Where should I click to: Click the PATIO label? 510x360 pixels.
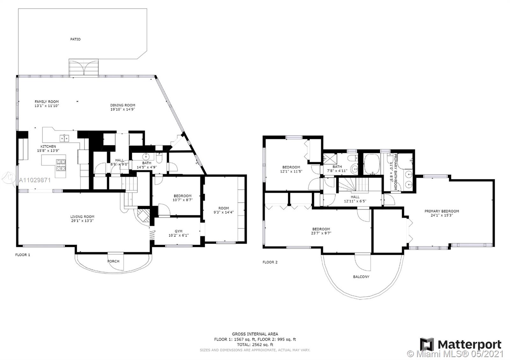pyautogui.click(x=75, y=40)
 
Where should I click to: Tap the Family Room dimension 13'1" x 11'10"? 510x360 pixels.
pyautogui.click(x=47, y=106)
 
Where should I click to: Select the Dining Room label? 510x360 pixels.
pyautogui.click(x=123, y=105)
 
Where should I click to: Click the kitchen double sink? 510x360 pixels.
pyautogui.click(x=64, y=138)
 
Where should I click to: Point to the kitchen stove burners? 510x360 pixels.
pyautogui.click(x=61, y=165)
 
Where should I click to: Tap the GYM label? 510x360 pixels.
pyautogui.click(x=178, y=231)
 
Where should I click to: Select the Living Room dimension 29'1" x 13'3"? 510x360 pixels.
pyautogui.click(x=82, y=221)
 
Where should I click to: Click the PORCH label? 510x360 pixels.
pyautogui.click(x=113, y=261)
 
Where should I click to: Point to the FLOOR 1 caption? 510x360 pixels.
pyautogui.click(x=23, y=255)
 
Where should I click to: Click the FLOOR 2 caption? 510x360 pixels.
pyautogui.click(x=270, y=262)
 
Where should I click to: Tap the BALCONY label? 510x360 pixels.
pyautogui.click(x=361, y=277)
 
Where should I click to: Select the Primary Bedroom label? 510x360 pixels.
pyautogui.click(x=442, y=211)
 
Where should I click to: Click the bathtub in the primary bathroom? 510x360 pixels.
pyautogui.click(x=372, y=164)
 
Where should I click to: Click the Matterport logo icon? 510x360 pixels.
pyautogui.click(x=427, y=344)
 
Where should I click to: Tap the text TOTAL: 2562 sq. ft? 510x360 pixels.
pyautogui.click(x=255, y=344)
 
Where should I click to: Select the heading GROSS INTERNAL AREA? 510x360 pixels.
pyautogui.click(x=255, y=334)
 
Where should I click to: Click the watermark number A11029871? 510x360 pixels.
pyautogui.click(x=35, y=180)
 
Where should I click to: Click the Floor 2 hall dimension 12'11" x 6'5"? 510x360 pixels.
pyautogui.click(x=355, y=201)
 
